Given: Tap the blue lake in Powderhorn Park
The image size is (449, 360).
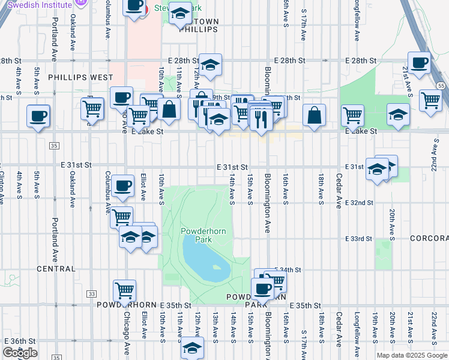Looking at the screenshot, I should click(x=205, y=262).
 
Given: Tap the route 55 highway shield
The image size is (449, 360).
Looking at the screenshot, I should click(x=441, y=86).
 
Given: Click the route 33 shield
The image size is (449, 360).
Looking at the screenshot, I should click(x=91, y=294).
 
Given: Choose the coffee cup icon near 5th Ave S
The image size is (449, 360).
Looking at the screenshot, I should click(x=38, y=115).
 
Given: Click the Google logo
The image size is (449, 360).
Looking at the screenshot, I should click(x=20, y=353).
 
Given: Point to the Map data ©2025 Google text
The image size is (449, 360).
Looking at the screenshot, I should click(x=412, y=355).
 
